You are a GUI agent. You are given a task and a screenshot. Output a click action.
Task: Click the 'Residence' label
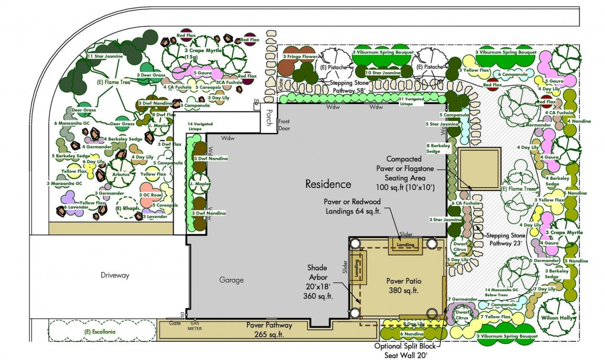pyautogui.click(x=328, y=184)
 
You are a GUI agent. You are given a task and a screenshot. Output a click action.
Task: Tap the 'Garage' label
pyautogui.click(x=231, y=280)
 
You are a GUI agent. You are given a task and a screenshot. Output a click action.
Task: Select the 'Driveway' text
pyautogui.click(x=115, y=275)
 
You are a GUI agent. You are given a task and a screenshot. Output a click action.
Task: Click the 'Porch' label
pyautogui.click(x=269, y=113)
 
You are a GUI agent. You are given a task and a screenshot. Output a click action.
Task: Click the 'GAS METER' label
pyautogui.click(x=194, y=326)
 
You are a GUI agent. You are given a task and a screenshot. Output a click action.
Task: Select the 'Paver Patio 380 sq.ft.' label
pyautogui.click(x=404, y=286)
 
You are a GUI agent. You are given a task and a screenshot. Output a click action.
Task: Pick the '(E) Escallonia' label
pyautogui.click(x=99, y=331)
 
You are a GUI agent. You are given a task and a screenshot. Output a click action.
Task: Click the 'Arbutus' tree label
pyautogui.click(x=118, y=174)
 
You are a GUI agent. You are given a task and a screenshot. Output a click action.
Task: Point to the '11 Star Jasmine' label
pyautogui.click(x=105, y=56)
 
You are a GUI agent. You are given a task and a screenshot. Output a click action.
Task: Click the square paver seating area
pyautogui.click(x=479, y=168)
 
